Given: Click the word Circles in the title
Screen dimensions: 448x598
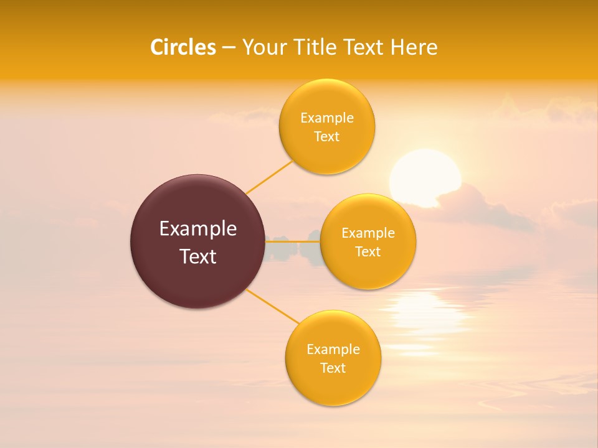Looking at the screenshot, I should tap(183, 47).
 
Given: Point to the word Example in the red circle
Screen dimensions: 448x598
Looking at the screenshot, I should tap(198, 229).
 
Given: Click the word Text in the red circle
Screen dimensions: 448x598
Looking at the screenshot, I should tap(198, 256).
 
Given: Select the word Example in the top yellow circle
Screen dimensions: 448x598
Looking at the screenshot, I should tap(326, 118).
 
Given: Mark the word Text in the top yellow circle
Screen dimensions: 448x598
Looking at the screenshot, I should tap(326, 136).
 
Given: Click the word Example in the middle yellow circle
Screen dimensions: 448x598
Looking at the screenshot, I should tap(368, 233).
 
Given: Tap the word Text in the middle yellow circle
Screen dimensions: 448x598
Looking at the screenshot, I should tap(368, 251).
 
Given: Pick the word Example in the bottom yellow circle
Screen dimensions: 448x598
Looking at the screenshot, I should tap(333, 350).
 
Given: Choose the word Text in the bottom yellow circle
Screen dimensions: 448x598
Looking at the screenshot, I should tap(333, 368).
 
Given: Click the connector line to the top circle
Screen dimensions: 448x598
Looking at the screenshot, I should tap(269, 177).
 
